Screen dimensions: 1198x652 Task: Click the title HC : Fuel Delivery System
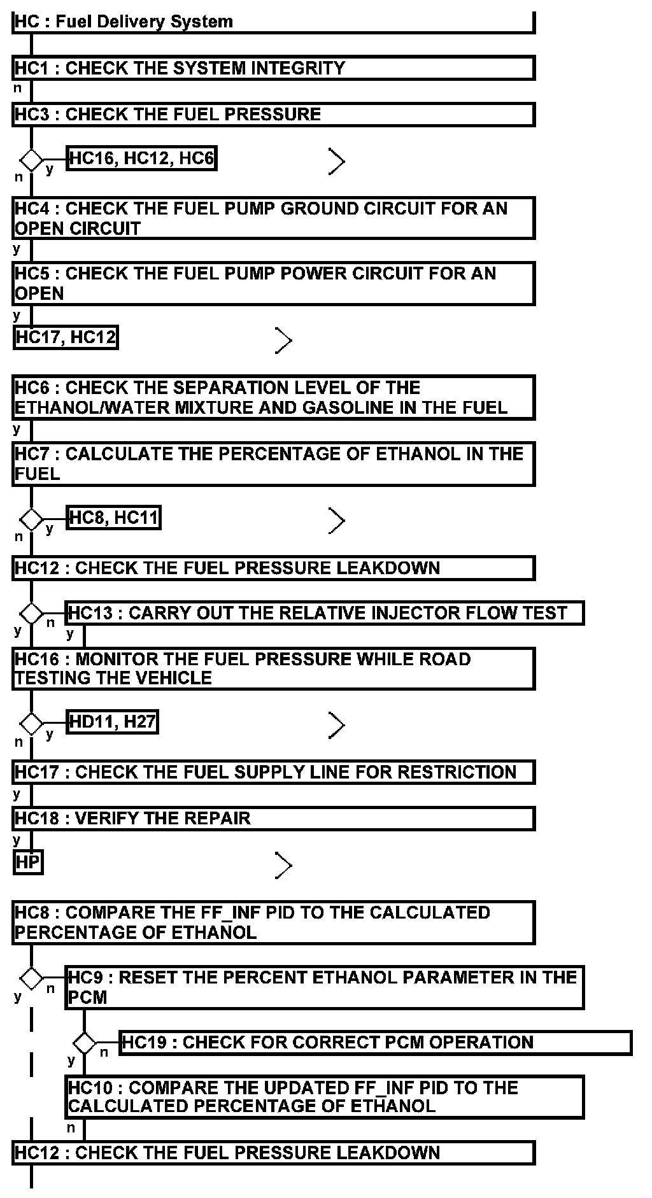pos(124,22)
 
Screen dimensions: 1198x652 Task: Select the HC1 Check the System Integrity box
pos(273,68)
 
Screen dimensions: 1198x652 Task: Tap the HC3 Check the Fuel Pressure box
pos(273,115)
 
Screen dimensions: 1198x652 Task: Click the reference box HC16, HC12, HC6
pos(141,159)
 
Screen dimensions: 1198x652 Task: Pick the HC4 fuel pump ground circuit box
pos(273,218)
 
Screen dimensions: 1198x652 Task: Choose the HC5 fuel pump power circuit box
pos(273,283)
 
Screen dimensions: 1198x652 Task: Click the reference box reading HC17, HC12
pos(66,337)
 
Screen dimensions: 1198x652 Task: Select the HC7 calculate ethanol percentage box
pos(273,463)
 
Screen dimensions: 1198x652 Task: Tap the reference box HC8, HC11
pos(113,518)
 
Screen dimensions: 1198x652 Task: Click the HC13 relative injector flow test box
pos(324,613)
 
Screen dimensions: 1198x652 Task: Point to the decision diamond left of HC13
pos(31,614)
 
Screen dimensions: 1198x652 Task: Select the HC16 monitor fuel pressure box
pos(273,668)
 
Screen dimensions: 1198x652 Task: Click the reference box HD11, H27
pos(112,722)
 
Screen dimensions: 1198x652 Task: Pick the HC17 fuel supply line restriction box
pos(273,772)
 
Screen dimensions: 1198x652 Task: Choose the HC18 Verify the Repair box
pos(273,818)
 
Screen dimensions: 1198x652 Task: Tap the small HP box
pos(27,863)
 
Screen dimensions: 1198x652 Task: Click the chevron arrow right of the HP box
pos(283,865)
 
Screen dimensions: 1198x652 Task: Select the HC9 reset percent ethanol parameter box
pos(324,987)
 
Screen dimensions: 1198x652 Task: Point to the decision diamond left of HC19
pos(83,1043)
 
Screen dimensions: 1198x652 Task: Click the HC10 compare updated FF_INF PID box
pos(324,1097)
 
